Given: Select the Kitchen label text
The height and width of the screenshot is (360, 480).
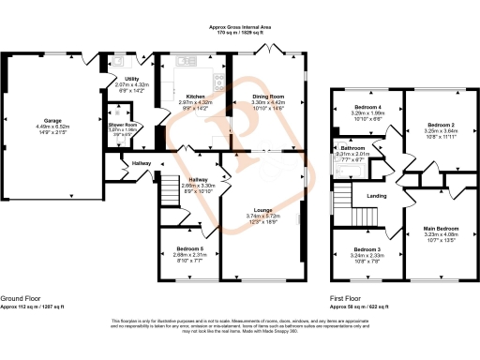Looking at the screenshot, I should [195, 96].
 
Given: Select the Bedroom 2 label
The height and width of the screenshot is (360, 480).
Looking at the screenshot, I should [441, 124].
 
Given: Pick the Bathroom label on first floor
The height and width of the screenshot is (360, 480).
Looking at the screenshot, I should [352, 148].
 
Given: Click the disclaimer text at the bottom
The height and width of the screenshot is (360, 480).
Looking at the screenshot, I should [239, 327].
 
